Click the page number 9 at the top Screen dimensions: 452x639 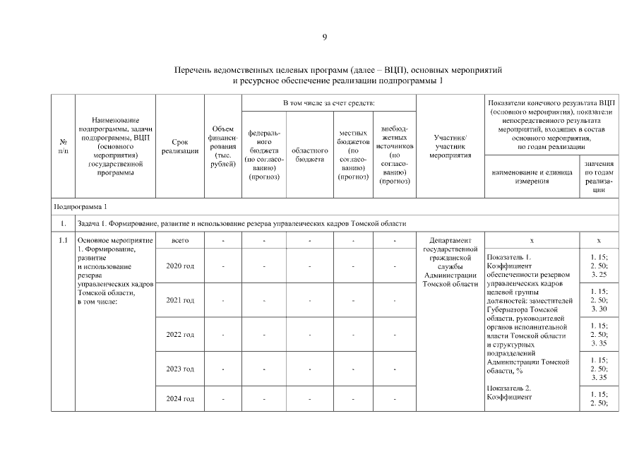coord(325,37)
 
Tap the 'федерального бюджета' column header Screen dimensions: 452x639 coord(264,154)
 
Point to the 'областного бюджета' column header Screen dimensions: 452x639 coord(309,155)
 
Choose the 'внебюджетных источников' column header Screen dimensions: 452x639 coord(395,154)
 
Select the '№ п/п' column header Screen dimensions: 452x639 coord(64,146)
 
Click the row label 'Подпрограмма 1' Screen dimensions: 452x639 coord(80,206)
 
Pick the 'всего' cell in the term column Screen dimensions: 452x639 coord(179,241)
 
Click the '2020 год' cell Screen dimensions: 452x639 coord(179,266)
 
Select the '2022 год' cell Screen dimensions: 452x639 coord(179,334)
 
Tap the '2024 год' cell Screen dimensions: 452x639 coord(179,399)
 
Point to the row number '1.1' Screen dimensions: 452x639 coord(64,241)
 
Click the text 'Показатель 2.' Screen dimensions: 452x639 coord(508,388)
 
